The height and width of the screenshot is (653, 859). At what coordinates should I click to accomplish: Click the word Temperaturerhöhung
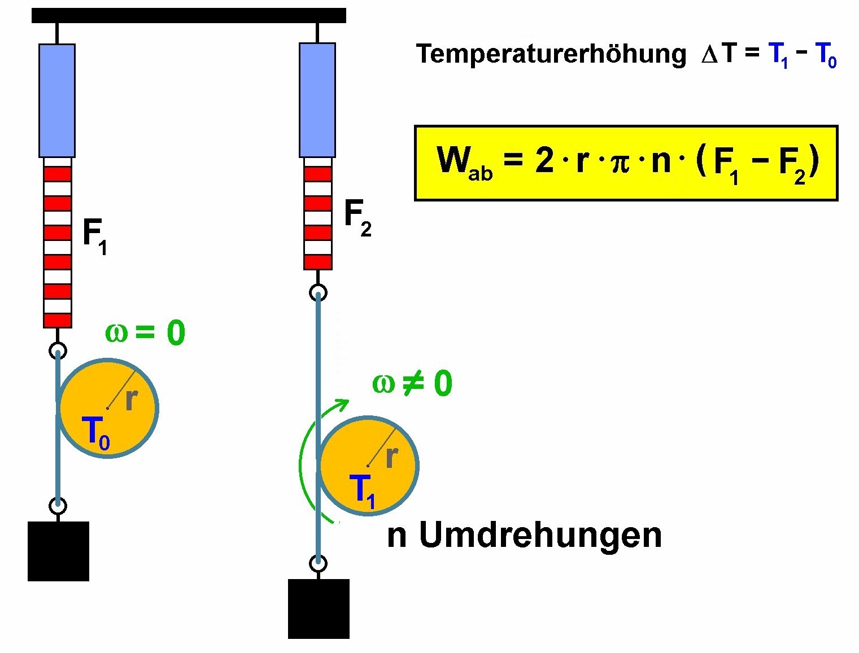coord(551,55)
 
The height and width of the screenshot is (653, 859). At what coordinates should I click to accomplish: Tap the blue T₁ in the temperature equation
coord(778,55)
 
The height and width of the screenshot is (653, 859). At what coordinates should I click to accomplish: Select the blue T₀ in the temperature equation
coord(826,55)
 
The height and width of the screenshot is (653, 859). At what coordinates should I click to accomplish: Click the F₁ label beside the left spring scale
coord(95,237)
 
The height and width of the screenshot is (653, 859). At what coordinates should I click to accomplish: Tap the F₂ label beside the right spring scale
coord(357,218)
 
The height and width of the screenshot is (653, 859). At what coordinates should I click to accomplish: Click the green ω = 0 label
coord(145,333)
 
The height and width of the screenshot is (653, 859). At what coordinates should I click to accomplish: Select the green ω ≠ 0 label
coord(412,383)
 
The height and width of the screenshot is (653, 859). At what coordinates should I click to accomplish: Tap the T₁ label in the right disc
coord(362,492)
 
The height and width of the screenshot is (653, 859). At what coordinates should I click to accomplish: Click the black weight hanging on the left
coord(58,551)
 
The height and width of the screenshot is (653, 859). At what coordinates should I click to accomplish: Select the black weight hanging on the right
coord(319,609)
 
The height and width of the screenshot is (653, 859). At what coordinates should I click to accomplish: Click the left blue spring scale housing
coord(57,101)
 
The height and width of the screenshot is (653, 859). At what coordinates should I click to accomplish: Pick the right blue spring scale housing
coord(317,100)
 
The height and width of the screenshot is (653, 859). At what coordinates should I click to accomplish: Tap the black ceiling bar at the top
coord(189,16)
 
